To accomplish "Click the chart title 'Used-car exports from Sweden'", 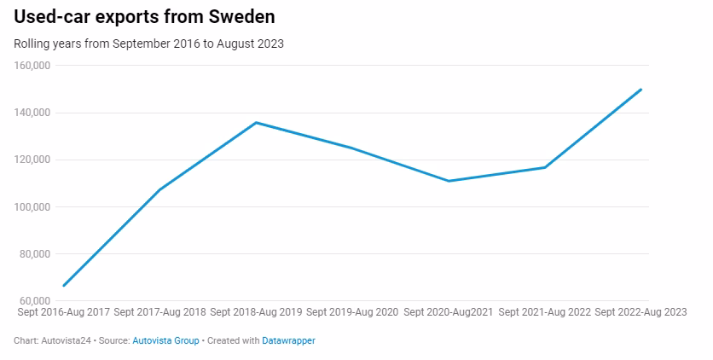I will point(144,17).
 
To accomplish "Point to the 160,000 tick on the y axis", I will point(32,66).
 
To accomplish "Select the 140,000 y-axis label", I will point(32,113).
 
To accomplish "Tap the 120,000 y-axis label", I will point(32,160).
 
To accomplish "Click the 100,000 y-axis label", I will point(32,207).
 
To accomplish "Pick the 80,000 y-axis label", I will point(35,254).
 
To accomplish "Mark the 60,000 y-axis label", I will point(35,301).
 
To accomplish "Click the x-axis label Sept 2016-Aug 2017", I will point(63,313).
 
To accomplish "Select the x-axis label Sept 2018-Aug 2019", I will point(256,313).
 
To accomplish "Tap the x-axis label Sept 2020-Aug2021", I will point(448,313).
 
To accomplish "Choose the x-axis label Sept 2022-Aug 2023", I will point(640,313).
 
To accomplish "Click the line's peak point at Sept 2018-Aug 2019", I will point(256,123).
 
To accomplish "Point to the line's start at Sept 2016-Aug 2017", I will point(64,286).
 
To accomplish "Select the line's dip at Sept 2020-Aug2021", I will point(448,181).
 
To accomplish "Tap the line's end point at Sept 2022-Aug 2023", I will point(641,89).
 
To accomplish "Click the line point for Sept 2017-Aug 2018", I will point(159,189).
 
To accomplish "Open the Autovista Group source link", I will point(165,340).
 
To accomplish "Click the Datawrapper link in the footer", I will point(288,340).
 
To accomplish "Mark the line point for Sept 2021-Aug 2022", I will point(544,167).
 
